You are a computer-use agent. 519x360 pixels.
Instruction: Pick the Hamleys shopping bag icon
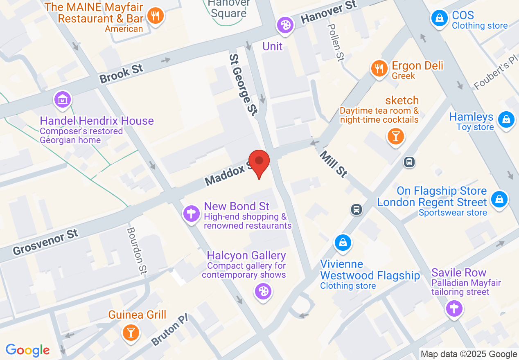point(506,120)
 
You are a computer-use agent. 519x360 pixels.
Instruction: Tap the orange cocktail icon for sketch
point(395,136)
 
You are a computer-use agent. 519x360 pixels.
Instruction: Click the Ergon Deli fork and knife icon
point(379,68)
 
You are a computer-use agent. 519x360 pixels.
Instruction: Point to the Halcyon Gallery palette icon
point(263,292)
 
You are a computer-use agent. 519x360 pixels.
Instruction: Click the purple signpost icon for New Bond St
point(191,213)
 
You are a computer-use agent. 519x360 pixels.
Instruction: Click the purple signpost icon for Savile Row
point(454,308)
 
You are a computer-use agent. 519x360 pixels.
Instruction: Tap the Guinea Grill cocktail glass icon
point(131,332)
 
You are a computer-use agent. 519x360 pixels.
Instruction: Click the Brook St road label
point(122,73)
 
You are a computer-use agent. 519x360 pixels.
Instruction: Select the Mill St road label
point(333,164)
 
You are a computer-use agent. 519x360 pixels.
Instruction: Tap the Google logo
point(28,350)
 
